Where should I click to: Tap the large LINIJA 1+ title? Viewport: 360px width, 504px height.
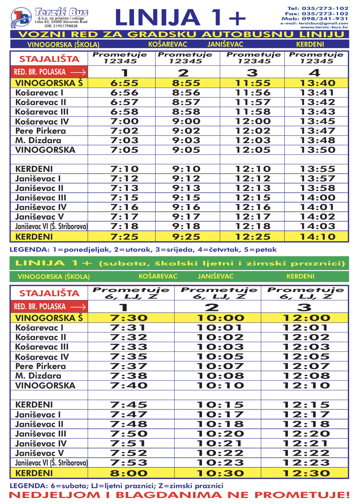point(180,18)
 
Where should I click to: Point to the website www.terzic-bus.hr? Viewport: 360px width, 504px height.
point(324,28)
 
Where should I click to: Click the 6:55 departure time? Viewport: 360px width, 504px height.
point(124,83)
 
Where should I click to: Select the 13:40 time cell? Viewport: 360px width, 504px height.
point(317,83)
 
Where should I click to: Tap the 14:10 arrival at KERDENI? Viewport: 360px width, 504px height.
point(317,237)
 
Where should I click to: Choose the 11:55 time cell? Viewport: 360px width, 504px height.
point(253,83)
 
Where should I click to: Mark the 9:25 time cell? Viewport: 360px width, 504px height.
point(186,237)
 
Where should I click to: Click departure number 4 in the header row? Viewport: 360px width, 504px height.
point(314,72)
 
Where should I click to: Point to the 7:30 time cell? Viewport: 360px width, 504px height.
point(129,318)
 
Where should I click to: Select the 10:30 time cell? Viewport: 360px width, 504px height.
point(220,473)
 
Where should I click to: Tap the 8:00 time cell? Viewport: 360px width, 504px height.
point(129,473)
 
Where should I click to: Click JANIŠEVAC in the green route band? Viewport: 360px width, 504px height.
point(216,276)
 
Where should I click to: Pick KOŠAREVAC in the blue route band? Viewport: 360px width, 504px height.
point(168,44)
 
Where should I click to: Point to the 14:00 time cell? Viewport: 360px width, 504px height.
point(317,198)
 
